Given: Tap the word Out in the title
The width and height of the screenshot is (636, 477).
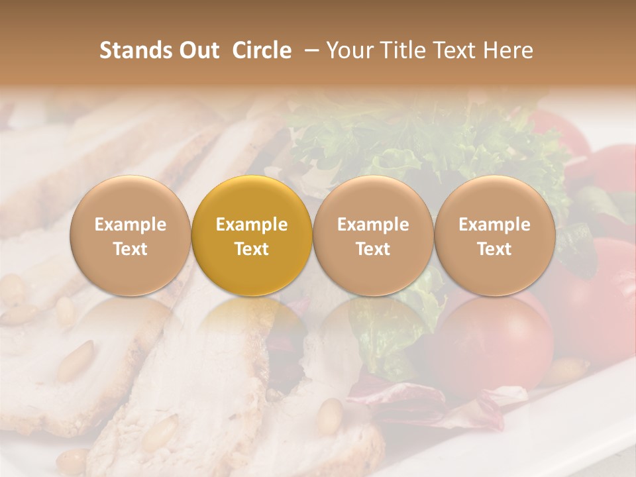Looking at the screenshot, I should coord(197,50).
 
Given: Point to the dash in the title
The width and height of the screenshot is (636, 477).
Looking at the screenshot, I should coord(309,51).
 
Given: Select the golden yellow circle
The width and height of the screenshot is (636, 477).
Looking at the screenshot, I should coord(252,235).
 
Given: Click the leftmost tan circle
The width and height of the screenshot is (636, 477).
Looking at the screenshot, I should coord(131,235).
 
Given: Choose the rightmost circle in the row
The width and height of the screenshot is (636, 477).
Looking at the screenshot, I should coord(495,235).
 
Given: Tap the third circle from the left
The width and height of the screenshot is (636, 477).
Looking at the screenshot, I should coord(373,235).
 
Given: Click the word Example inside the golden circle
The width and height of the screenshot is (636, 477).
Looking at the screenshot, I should coord(252,225).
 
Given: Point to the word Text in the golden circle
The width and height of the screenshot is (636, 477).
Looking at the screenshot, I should coord(252,249).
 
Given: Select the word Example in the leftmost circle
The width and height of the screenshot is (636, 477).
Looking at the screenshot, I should coord(131,225).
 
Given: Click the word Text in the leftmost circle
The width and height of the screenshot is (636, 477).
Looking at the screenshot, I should coord(131,249).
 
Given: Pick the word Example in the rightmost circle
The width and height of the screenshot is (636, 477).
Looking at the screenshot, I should coord(495,225).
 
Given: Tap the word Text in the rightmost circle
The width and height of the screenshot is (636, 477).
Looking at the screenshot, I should coord(495,249).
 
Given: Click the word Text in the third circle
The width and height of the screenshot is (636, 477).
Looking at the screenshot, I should coord(373,249).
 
